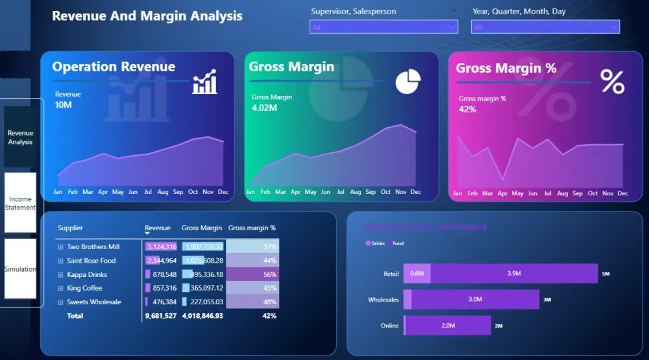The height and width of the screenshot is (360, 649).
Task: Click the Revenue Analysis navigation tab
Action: [21, 137]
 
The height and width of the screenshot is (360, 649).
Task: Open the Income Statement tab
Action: [20, 203]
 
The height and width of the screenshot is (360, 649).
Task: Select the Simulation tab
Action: [20, 269]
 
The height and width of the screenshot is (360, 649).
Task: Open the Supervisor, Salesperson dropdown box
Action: [384, 27]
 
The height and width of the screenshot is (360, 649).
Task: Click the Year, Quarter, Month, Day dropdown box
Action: [545, 27]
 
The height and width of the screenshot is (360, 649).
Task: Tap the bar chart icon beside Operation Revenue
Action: [204, 83]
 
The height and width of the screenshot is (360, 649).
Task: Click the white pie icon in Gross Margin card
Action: [408, 82]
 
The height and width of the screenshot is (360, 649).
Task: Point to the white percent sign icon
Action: [612, 82]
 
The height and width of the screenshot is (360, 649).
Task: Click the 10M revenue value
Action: [64, 105]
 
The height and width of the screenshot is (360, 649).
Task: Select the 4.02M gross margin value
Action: [264, 108]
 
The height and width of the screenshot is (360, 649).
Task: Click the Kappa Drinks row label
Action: [87, 274]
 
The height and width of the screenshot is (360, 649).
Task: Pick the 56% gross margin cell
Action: [252, 274]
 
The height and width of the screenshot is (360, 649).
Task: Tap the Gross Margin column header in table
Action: [202, 228]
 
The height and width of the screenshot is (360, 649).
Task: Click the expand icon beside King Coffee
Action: [60, 288]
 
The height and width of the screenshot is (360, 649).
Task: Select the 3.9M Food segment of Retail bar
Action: [513, 274]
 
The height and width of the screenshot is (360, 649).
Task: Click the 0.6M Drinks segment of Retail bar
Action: [416, 274]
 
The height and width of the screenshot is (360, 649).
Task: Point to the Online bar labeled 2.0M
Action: [448, 326]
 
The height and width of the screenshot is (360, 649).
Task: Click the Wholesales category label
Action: [383, 300]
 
